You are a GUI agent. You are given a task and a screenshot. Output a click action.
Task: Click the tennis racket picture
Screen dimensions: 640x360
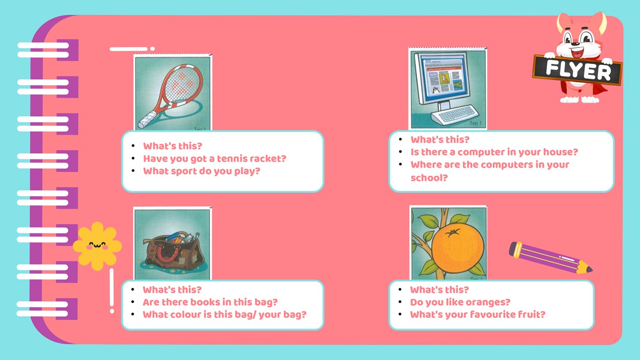[173, 92]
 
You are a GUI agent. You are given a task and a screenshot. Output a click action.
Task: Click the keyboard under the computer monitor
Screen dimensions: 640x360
[455, 115]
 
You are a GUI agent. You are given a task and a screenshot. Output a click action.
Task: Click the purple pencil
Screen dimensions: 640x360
[550, 258]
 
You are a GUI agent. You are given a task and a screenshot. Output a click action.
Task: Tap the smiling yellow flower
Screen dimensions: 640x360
[97, 246]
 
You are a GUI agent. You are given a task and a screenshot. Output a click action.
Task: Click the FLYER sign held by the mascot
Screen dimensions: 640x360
[577, 70]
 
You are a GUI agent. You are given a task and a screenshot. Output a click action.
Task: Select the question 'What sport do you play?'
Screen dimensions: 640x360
[202, 171]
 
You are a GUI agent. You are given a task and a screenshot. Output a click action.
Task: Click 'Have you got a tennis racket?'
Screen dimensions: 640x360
[214, 158]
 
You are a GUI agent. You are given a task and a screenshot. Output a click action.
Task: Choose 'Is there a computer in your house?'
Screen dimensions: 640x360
[494, 152]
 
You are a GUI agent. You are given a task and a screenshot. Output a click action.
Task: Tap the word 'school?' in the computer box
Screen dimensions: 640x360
[429, 178]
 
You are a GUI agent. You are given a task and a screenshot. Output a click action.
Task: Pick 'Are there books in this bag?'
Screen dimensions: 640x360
[210, 302]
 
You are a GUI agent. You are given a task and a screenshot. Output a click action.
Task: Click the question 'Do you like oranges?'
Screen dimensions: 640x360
[460, 302]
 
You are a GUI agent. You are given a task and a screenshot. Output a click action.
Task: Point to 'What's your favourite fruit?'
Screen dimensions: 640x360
[478, 315]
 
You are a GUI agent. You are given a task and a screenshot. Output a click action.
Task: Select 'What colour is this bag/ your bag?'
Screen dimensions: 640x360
[225, 315]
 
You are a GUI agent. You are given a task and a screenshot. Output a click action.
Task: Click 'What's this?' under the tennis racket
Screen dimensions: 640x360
[173, 146]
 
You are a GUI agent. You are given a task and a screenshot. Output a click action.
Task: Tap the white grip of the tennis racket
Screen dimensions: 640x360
[147, 119]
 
